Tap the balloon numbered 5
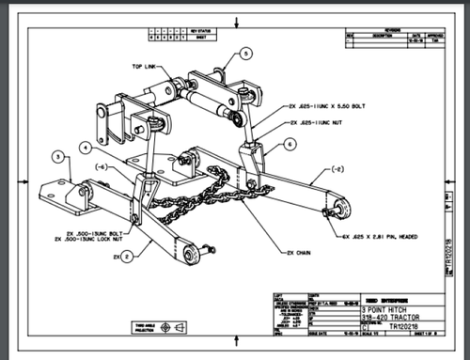tap(246, 55)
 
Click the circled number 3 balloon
tap(57, 157)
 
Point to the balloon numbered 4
tap(86, 148)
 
